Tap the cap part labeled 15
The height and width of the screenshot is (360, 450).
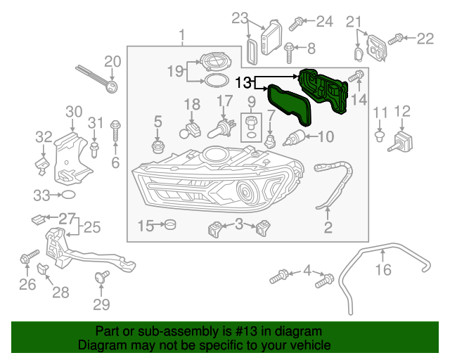click(x=169, y=225)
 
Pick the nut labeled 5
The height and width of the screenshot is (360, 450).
click(x=158, y=147)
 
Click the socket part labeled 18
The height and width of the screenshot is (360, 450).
click(x=191, y=131)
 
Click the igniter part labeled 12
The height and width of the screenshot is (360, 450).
click(x=401, y=139)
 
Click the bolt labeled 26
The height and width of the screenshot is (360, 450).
click(x=27, y=257)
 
